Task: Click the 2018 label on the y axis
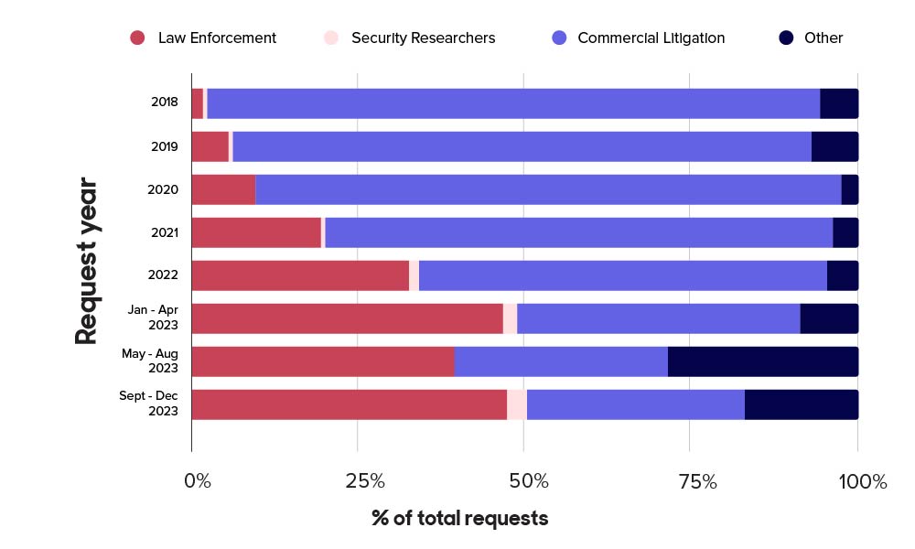(x=165, y=103)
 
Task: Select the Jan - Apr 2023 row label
(x=153, y=318)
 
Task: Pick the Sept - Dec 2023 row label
(x=149, y=404)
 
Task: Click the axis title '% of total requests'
(x=459, y=518)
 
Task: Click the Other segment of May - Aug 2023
(x=763, y=361)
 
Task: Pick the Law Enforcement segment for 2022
(x=300, y=274)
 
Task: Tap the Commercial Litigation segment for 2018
(x=513, y=103)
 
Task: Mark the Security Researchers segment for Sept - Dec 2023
(x=517, y=404)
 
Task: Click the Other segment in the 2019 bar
(x=834, y=146)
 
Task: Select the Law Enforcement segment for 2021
(x=256, y=232)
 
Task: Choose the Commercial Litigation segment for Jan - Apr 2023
(x=659, y=318)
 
